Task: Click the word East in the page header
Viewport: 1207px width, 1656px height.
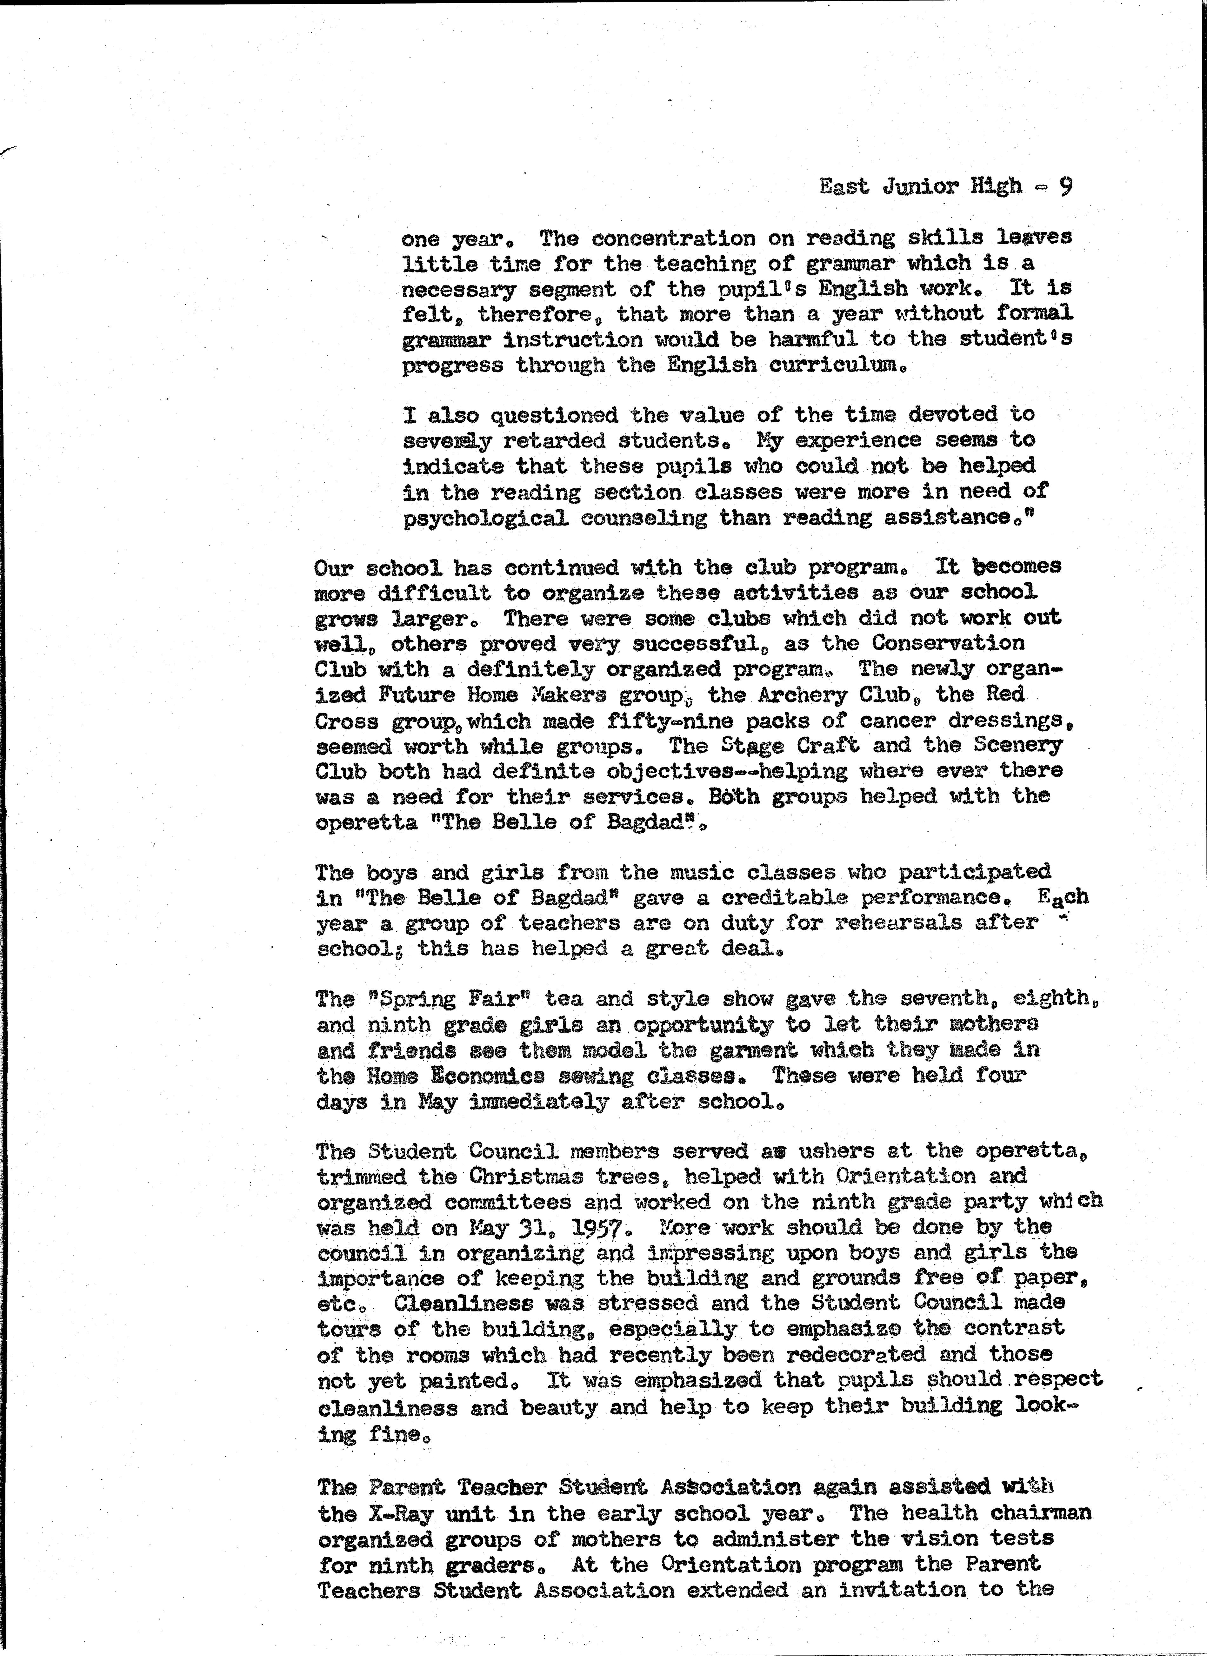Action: click(844, 187)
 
